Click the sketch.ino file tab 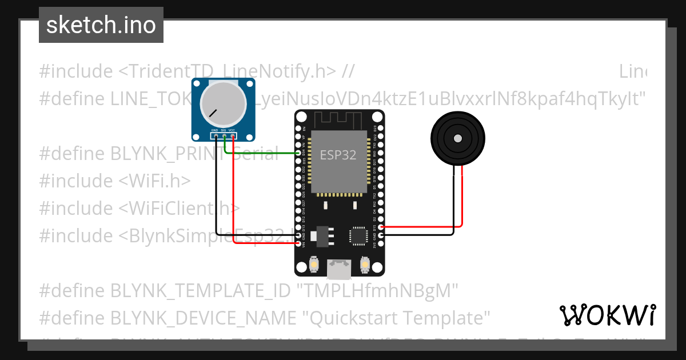101,25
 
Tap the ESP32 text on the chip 338,155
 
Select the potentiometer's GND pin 215,136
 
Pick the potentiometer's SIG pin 224,136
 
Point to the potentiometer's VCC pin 233,136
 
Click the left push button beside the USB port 314,265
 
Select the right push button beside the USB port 365,265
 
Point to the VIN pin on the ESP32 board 298,243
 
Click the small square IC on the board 358,235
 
